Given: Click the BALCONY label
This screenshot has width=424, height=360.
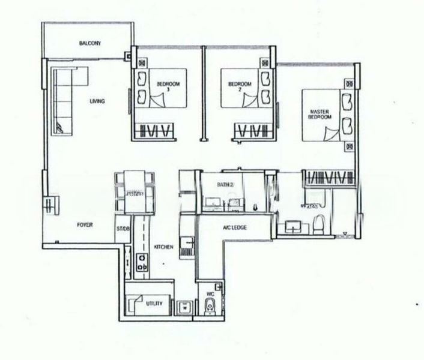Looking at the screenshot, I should click(89, 44).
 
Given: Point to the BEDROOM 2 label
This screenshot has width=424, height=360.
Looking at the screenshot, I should click(240, 86).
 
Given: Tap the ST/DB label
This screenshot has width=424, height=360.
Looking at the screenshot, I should click(123, 229).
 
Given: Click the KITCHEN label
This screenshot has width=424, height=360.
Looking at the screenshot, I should click(163, 247).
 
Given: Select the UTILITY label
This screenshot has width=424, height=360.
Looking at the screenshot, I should click(155, 305).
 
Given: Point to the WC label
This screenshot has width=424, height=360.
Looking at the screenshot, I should click(210, 294).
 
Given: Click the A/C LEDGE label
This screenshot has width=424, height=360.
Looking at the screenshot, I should click(235, 227).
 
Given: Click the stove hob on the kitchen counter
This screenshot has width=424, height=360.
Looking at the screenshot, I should click(143, 262).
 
